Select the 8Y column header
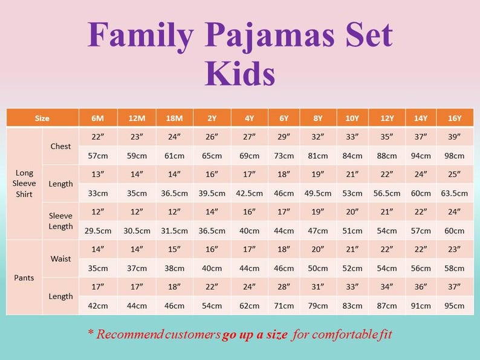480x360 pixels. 318,118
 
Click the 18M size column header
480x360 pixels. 174,118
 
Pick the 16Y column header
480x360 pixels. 455,118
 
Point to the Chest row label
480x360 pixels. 60,146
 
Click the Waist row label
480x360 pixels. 60,259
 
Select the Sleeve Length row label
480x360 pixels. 60,221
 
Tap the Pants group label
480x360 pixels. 24,278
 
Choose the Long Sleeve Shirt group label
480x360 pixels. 24,184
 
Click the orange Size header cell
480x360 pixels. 42,118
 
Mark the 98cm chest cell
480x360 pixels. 455,156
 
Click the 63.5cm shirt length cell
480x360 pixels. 455,193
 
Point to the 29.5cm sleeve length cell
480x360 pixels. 98,231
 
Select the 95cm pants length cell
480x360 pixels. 455,306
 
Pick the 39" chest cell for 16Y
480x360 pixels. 455,137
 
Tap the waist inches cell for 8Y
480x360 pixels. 318,249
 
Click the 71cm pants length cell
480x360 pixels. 284,306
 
